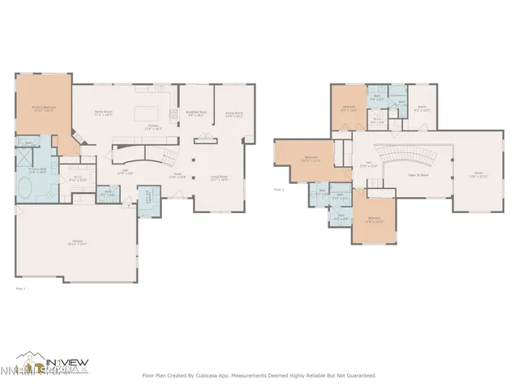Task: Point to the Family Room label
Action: tap(103, 113)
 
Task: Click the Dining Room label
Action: tap(234, 113)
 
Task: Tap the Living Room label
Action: tap(219, 178)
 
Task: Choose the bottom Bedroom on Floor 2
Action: tap(374, 218)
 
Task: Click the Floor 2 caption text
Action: tap(279, 190)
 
